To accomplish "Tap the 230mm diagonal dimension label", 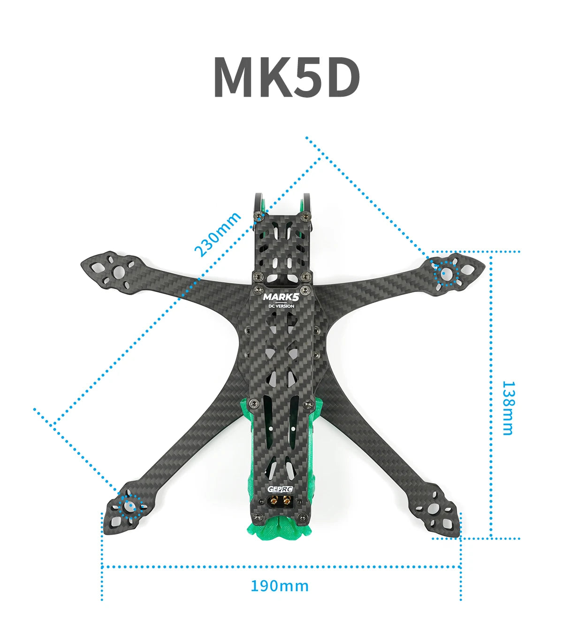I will pos(218,234).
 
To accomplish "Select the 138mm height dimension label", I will pos(508,407).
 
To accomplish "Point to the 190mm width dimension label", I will pos(280,586).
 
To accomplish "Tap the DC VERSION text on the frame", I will pos(281,306).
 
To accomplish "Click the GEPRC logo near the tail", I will pos(280,489).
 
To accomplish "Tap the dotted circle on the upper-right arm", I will pos(446,272).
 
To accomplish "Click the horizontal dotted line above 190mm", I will pos(281,567).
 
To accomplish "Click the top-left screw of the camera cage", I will pos(259,216).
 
